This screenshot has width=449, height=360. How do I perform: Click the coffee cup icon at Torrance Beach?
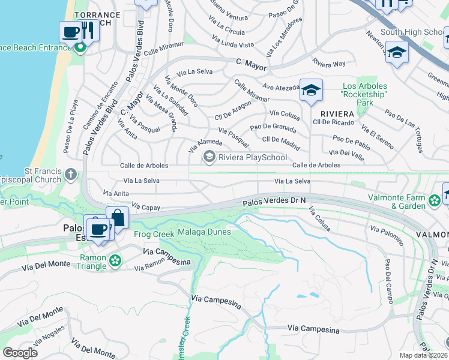tap(71, 32)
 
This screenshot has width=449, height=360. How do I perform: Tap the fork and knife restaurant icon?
tap(88, 30)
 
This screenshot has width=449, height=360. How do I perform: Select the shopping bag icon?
tap(118, 217)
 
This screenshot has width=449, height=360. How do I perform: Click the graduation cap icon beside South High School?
tap(397, 52)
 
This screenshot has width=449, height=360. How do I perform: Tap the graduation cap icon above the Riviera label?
tap(310, 90)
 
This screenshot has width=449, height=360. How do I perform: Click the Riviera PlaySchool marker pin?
tap(209, 157)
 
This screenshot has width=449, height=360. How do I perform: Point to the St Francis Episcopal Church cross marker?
tap(71, 175)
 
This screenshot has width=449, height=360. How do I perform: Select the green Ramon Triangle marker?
tap(115, 260)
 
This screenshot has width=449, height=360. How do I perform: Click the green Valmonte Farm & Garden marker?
tap(435, 199)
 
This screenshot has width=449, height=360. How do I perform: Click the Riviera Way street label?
tap(329, 63)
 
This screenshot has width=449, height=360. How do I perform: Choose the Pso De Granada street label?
tap(273, 127)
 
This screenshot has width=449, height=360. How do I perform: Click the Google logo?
tap(20, 352)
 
